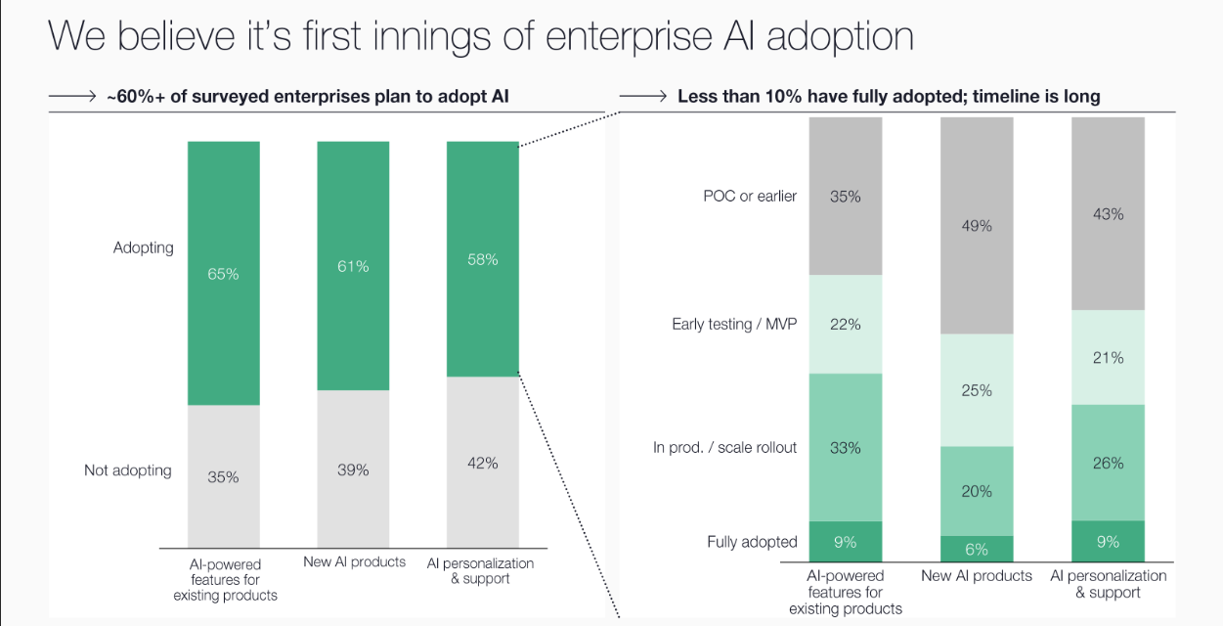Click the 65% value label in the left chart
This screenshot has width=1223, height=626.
coord(223,274)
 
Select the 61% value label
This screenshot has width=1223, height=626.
coord(353,266)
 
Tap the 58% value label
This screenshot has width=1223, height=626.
coord(483,259)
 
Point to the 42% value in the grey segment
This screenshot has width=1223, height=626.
coord(483,463)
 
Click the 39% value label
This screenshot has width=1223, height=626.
coord(353,469)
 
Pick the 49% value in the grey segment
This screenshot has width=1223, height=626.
coord(977,226)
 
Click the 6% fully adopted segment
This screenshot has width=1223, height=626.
coord(977,549)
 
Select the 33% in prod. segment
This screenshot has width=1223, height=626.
coord(846,448)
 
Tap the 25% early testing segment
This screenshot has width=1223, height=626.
coord(977,390)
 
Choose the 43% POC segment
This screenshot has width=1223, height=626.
coord(1108,213)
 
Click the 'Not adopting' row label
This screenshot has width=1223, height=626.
coord(127,470)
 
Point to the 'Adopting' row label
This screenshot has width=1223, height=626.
coord(143,247)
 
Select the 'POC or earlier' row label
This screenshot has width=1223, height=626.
coord(750,196)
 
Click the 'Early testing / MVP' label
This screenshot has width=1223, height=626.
coord(734,324)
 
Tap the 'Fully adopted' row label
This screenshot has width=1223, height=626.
coord(752,542)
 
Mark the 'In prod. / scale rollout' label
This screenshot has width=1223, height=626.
coord(724,447)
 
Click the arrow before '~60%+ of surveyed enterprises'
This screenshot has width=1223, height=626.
coord(72,96)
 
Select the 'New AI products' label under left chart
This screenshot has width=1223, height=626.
coord(354,561)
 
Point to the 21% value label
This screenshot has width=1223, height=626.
coord(1108,358)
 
